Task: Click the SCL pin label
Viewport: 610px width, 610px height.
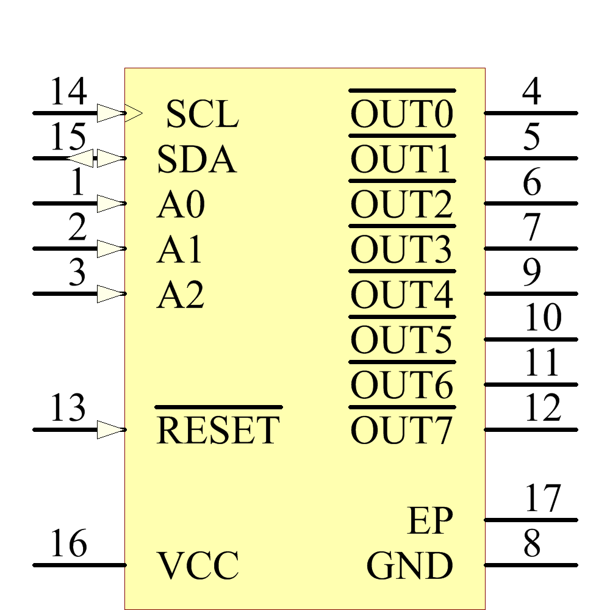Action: point(202,115)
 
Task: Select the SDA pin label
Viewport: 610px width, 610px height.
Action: point(196,160)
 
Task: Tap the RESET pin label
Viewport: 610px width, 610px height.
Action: point(218,430)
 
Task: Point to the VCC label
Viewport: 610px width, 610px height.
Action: point(198,565)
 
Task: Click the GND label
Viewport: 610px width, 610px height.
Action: point(409,565)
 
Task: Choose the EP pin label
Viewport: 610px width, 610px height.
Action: point(430,521)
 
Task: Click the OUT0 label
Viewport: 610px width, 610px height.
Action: point(401,115)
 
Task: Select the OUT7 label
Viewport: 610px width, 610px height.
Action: point(401,430)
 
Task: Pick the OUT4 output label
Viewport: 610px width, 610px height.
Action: point(401,295)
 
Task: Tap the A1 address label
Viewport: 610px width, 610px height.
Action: point(179,250)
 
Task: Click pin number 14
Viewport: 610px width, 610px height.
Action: point(68,93)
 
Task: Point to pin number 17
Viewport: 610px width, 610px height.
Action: point(542,498)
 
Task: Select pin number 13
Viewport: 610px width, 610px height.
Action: point(68,408)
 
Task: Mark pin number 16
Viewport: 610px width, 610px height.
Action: point(68,544)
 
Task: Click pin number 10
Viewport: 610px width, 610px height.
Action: point(542,318)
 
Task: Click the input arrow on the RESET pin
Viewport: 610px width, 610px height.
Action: point(111,430)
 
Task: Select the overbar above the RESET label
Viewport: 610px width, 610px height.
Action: point(218,407)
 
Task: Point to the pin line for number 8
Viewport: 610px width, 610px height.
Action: point(531,565)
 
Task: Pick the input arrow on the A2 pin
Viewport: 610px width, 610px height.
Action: point(111,294)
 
